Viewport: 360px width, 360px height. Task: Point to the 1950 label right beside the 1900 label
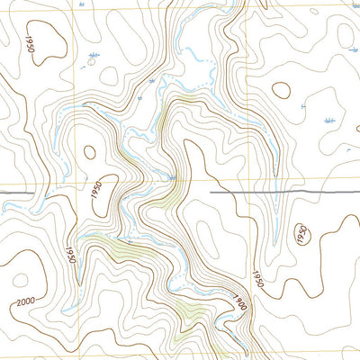point(258,275)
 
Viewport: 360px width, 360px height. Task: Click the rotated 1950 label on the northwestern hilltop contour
point(31,50)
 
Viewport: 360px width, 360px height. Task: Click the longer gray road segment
point(283,193)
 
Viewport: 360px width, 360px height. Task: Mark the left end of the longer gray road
point(211,193)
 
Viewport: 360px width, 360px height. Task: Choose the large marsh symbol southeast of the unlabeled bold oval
point(329,119)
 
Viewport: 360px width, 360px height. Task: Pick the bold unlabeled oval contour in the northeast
point(282,91)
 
